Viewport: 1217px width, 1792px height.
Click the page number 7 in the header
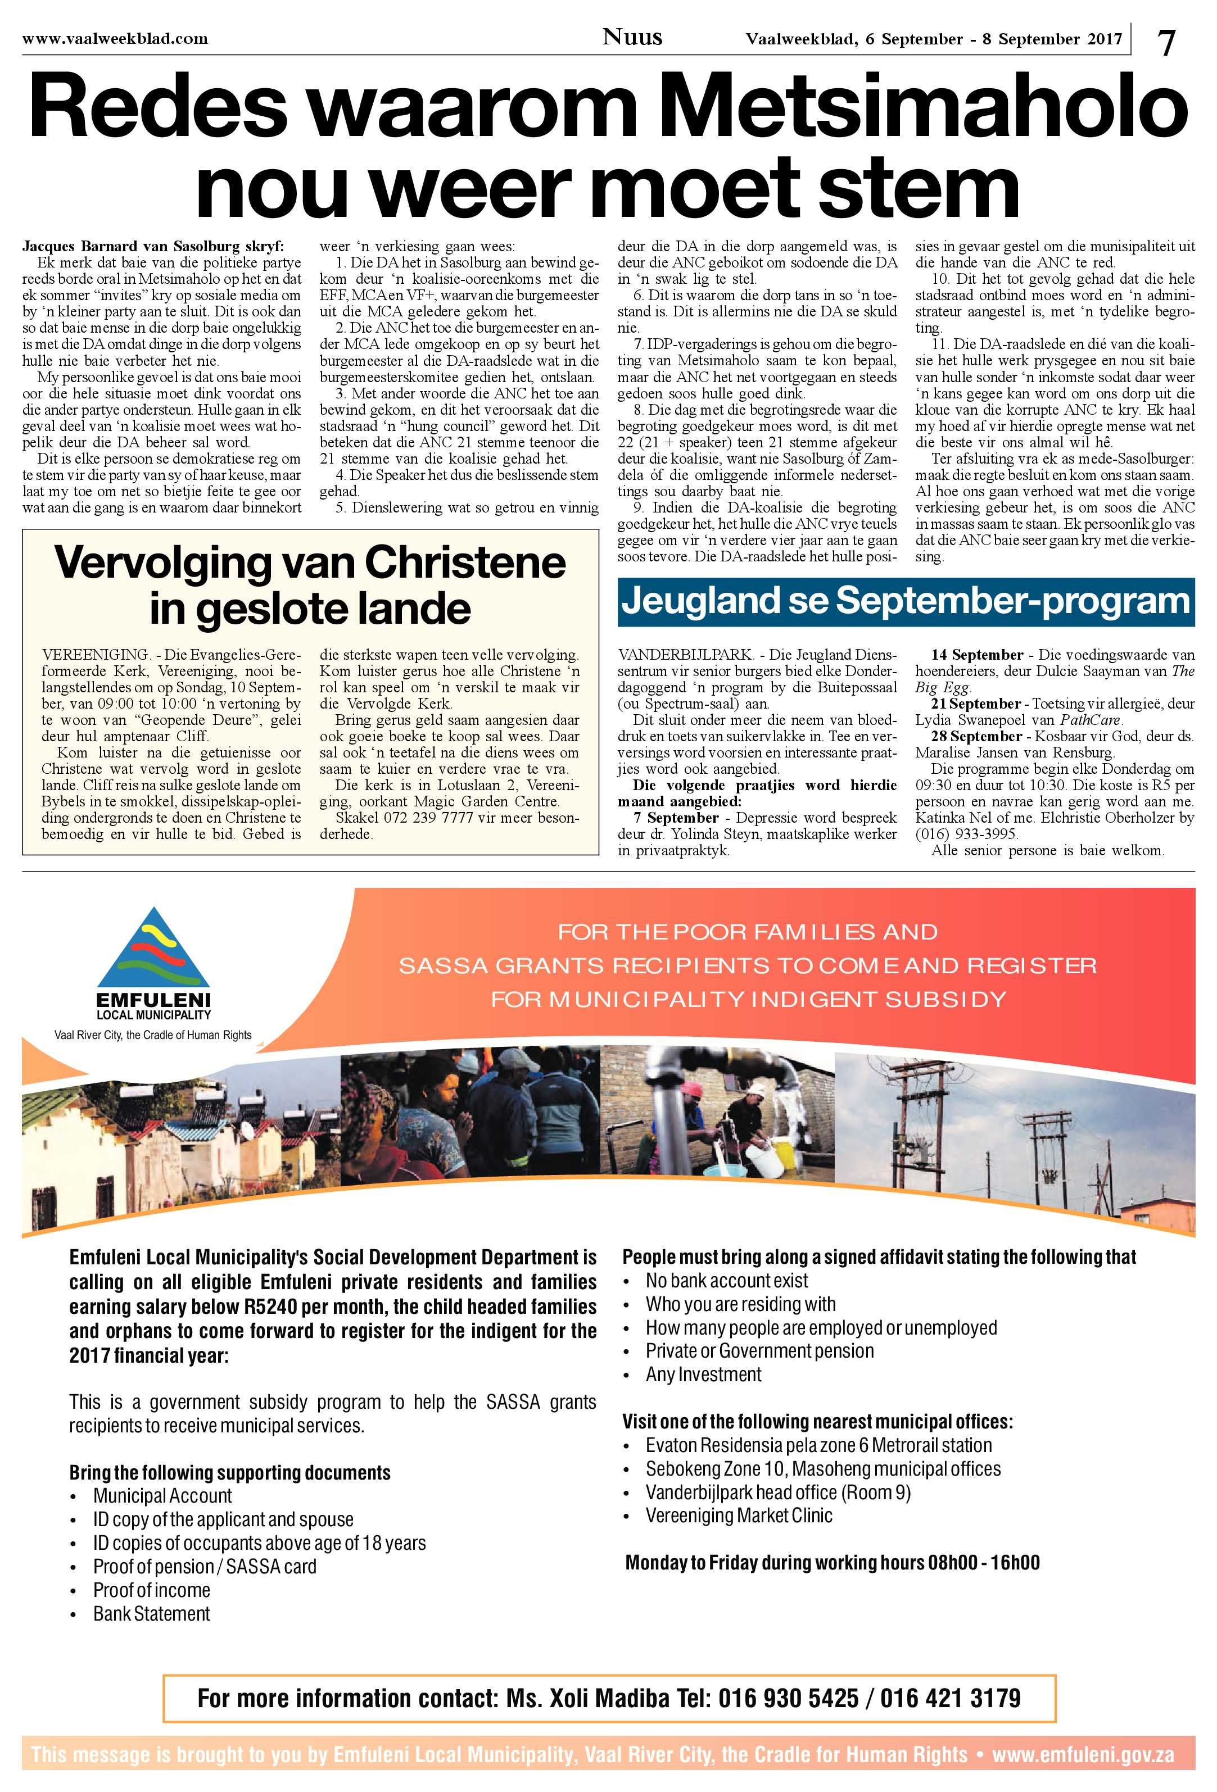(1167, 42)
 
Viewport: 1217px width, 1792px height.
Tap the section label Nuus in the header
(632, 37)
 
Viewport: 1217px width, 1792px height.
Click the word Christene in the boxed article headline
(464, 564)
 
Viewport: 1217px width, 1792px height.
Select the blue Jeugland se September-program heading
(906, 601)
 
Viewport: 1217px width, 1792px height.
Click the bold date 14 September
(977, 655)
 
